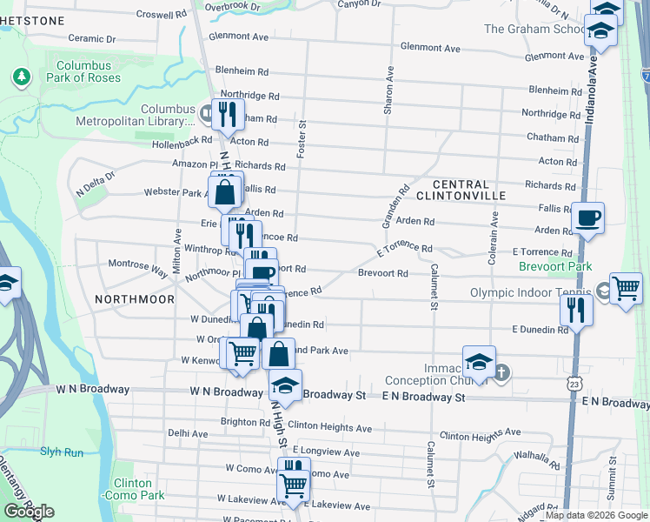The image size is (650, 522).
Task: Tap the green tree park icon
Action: (x=21, y=77)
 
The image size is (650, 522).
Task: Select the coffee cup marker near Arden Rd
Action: (x=587, y=217)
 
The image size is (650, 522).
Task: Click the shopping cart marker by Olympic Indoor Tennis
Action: (x=626, y=288)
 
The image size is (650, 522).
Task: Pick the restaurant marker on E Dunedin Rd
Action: (x=576, y=311)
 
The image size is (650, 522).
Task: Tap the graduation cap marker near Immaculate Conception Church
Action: (x=479, y=361)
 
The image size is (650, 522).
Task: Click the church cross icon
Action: (x=501, y=373)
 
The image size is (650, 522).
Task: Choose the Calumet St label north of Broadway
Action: (x=430, y=287)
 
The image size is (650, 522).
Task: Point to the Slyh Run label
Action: (x=61, y=452)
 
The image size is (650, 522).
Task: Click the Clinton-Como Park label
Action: (x=131, y=489)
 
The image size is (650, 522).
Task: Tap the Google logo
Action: (x=29, y=512)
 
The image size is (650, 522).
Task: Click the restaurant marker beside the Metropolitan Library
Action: (x=228, y=116)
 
